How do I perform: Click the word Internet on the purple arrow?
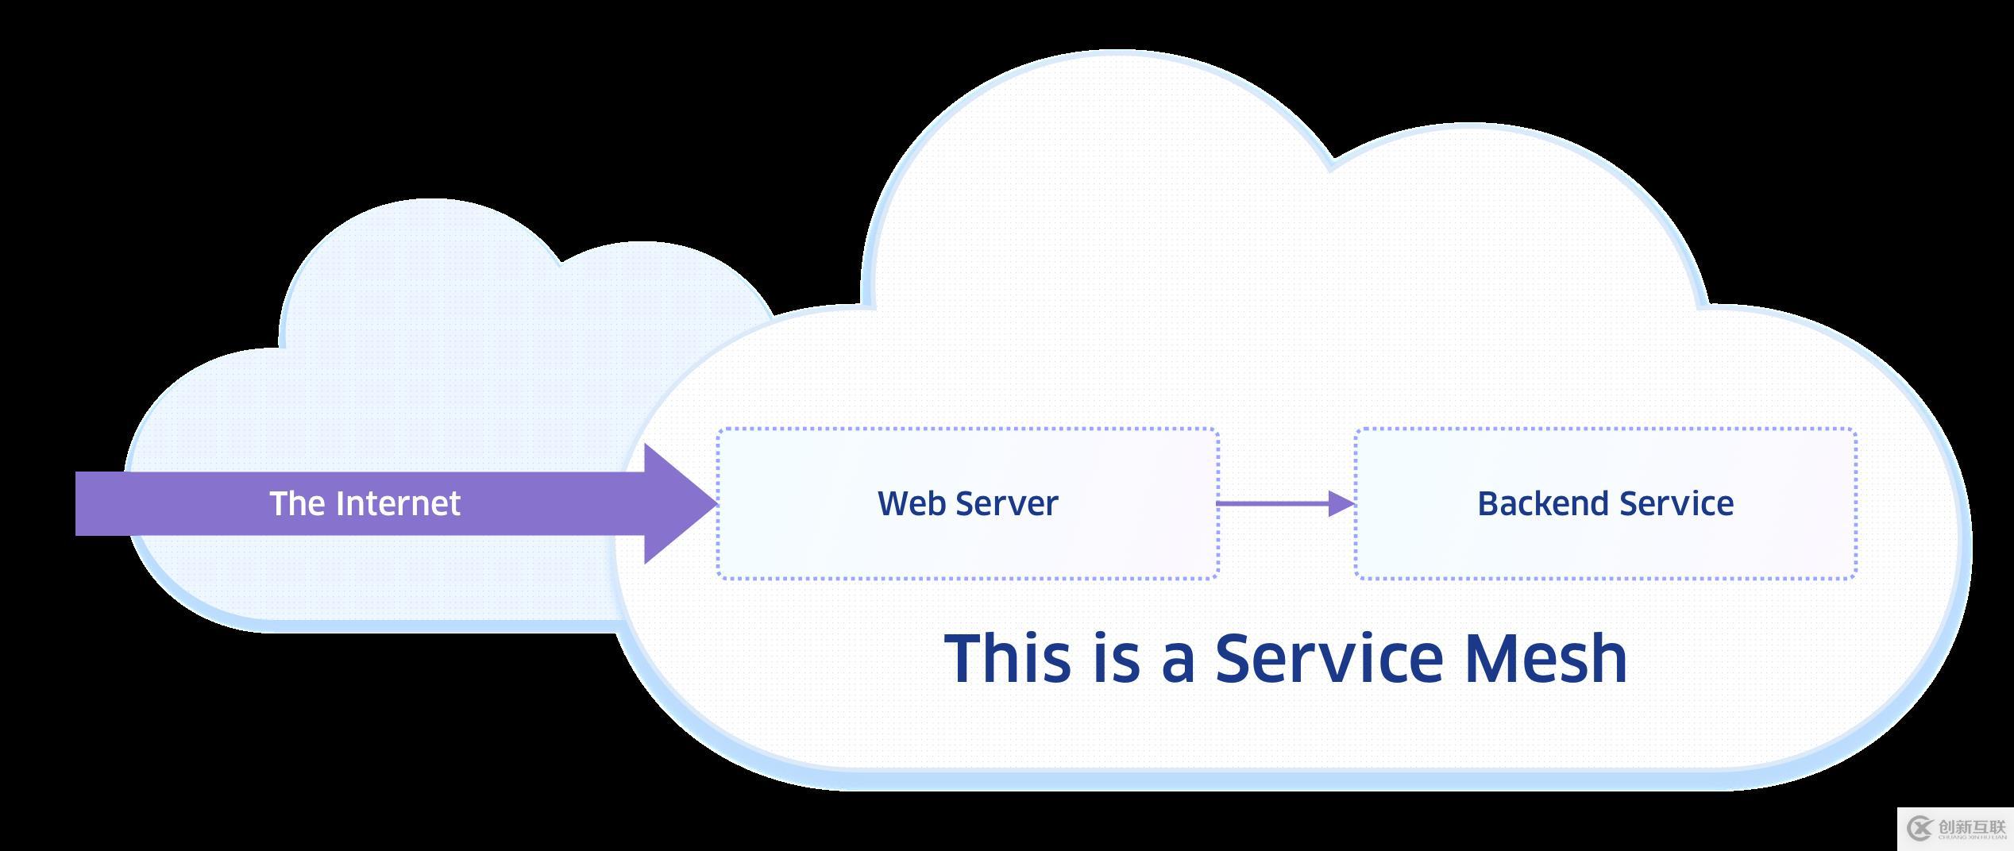tap(398, 503)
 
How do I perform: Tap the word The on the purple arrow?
tap(296, 503)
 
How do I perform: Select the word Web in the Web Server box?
tap(911, 503)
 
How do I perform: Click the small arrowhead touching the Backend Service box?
tap(1341, 503)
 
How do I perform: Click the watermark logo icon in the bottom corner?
tap(1919, 829)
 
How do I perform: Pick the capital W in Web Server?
tap(892, 503)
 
